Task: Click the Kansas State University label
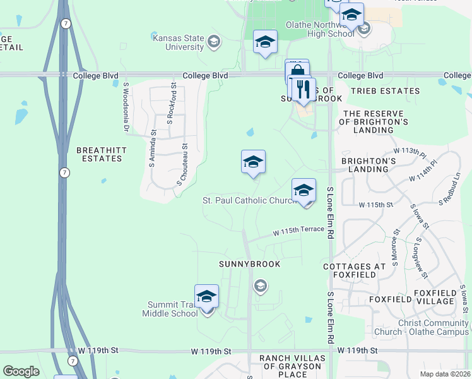(179, 42)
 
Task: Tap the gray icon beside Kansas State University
(214, 42)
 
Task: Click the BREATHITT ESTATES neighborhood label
(98, 154)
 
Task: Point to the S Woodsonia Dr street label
(126, 107)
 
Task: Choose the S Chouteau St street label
(182, 163)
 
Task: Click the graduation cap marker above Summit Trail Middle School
(206, 296)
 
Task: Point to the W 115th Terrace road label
(298, 232)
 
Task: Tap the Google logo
(21, 371)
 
